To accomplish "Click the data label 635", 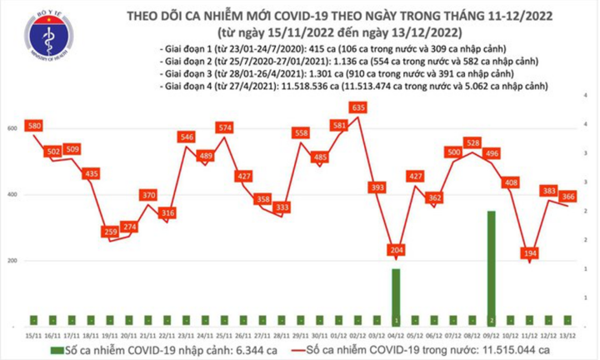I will pos(360,107).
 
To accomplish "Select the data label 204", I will pos(395,249).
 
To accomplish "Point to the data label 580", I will pos(33,126).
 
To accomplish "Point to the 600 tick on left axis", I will pos(12,129).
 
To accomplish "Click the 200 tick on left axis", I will pos(12,261).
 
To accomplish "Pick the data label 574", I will pos(223,127).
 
